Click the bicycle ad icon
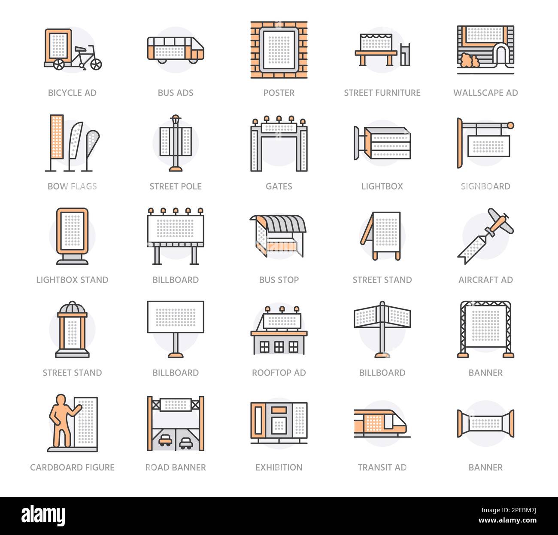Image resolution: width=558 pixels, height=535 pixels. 73,50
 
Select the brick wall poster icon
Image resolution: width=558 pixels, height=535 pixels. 279,50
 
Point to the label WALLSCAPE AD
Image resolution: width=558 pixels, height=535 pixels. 485,93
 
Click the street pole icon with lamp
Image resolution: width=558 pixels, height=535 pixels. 176,143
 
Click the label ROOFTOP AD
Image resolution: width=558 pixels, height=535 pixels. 279,373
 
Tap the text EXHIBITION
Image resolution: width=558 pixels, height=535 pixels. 279,467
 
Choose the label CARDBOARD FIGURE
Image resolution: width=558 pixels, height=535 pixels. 72,467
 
